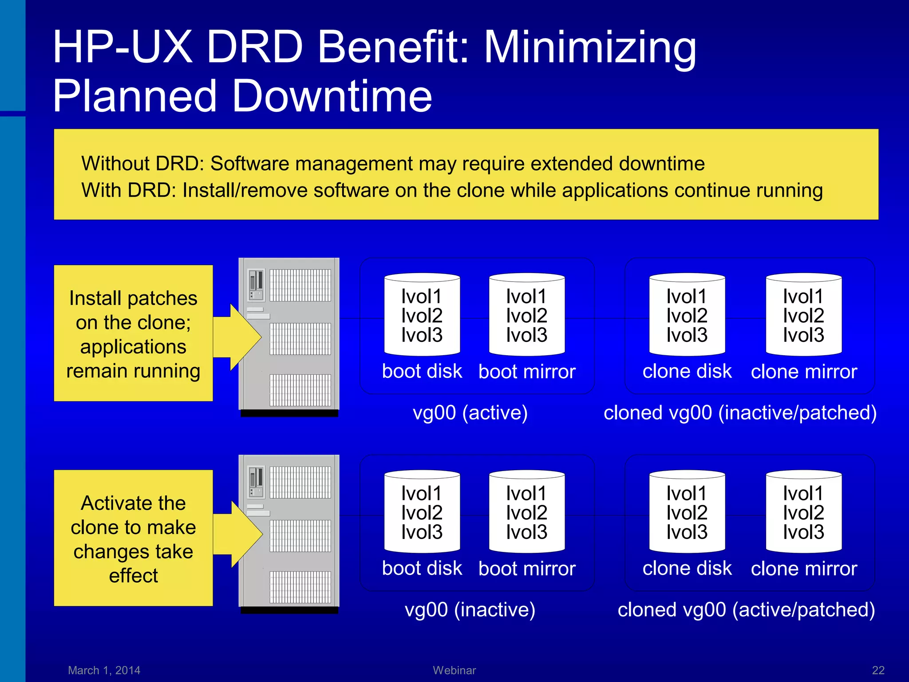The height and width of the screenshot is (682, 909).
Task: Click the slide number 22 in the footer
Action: (x=878, y=670)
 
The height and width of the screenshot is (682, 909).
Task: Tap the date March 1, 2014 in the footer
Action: (x=104, y=670)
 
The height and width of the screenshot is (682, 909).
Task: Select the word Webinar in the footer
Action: (x=454, y=670)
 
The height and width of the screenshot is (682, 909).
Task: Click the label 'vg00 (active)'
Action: (x=470, y=412)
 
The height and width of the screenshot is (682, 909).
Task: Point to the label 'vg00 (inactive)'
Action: (x=470, y=610)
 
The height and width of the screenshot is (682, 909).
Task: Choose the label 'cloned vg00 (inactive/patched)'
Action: (x=740, y=412)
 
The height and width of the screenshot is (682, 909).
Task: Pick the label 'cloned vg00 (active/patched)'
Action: (x=746, y=610)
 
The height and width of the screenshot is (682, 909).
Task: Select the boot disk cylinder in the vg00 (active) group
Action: (x=422, y=315)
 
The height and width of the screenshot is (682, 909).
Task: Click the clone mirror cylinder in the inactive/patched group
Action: (x=803, y=315)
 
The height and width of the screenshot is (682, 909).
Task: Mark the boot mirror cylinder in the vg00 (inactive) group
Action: (x=526, y=512)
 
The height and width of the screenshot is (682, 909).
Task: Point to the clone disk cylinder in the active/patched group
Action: (x=687, y=512)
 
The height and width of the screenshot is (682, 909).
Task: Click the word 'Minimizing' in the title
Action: (x=590, y=47)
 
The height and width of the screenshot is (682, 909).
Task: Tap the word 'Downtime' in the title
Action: (x=332, y=96)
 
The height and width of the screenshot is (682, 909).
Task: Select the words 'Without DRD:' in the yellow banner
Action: (x=142, y=163)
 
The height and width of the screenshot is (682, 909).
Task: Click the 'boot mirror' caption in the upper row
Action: (x=526, y=372)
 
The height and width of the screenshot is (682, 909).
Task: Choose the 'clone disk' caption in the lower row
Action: (x=687, y=568)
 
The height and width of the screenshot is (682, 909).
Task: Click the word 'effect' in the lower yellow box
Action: (x=133, y=576)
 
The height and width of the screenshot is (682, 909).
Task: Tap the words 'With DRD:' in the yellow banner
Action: (x=129, y=190)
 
